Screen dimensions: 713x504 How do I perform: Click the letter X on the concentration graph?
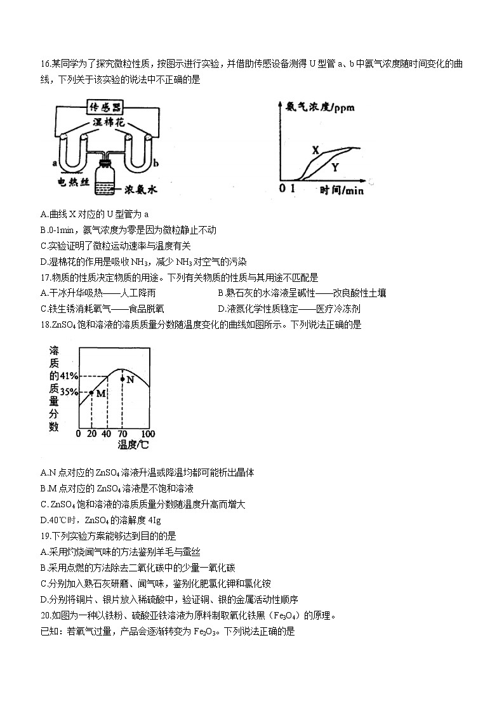[315, 150]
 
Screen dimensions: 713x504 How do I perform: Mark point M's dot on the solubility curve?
[91, 393]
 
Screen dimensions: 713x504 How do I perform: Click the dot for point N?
[122, 379]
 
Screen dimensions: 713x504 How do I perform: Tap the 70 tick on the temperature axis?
[122, 434]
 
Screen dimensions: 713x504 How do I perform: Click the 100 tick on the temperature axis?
[147, 434]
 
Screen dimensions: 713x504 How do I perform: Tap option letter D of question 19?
[43, 599]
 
